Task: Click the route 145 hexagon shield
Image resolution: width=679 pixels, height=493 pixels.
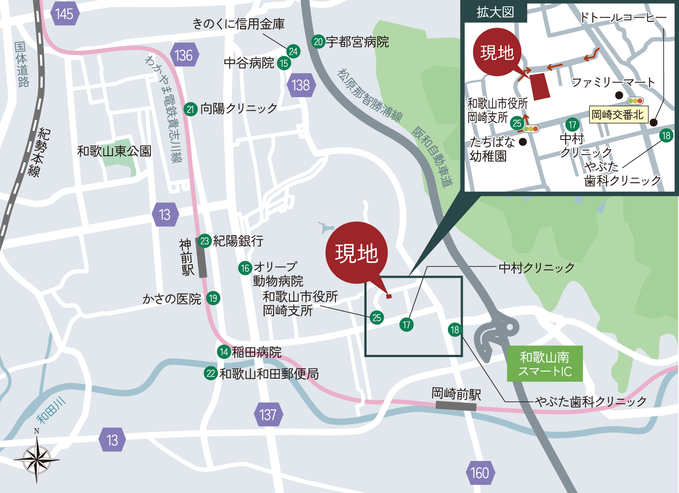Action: coord(65,14)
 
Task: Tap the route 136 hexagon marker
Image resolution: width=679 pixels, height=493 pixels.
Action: coord(184,56)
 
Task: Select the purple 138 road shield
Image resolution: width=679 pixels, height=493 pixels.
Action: coord(301,85)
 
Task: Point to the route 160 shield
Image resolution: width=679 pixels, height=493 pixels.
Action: coord(480,473)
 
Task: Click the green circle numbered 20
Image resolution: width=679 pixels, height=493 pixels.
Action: coord(318,42)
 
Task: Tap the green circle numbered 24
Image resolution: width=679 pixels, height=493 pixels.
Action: coord(293,51)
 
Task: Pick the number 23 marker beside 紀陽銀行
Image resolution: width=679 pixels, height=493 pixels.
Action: coord(205,241)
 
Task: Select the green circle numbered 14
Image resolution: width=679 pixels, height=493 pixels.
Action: coord(224,352)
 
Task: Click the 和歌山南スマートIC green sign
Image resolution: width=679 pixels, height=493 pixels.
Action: coord(545,364)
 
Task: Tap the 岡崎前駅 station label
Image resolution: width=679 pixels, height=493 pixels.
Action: coord(456,394)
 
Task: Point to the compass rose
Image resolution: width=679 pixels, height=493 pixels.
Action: coord(37,459)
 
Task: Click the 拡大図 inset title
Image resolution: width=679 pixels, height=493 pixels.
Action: coord(495,12)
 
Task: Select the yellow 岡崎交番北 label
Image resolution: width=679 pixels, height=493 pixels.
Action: coord(618,115)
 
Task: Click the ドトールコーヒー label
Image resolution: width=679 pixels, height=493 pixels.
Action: coord(623,18)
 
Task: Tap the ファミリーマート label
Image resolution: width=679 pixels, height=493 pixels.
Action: coord(613,82)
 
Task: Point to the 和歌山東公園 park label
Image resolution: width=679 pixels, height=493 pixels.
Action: coord(114,151)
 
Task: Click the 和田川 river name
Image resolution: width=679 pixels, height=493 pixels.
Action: coord(51,410)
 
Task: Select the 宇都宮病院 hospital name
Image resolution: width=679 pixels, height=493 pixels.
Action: coord(358,42)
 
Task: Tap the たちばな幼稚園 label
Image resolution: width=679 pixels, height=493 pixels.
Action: coord(492,149)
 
